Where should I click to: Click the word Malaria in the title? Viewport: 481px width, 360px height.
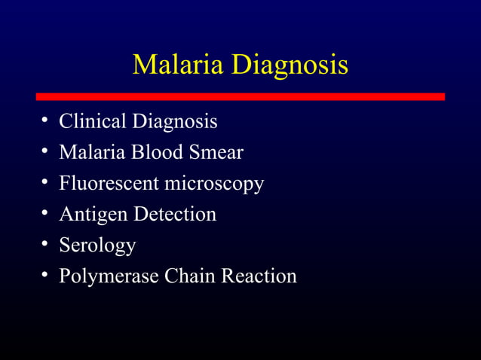pyautogui.click(x=178, y=65)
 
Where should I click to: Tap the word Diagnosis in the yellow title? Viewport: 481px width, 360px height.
pyautogui.click(x=290, y=66)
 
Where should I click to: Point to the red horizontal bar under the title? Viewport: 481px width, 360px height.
pyautogui.click(x=240, y=96)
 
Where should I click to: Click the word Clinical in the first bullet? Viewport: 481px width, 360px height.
pyautogui.click(x=93, y=121)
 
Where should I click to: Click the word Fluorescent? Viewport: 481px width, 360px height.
pyautogui.click(x=106, y=183)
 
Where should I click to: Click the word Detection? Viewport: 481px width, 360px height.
pyautogui.click(x=175, y=214)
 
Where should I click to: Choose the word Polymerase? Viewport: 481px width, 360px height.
pyautogui.click(x=109, y=277)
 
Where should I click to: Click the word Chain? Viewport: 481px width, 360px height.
pyautogui.click(x=189, y=276)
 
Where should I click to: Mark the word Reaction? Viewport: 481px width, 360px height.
pyautogui.click(x=259, y=276)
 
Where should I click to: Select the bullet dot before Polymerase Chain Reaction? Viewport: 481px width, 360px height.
pyautogui.click(x=45, y=276)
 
